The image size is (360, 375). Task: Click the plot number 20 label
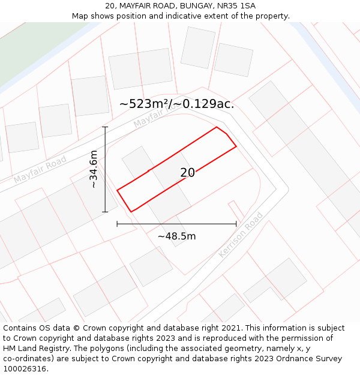click(x=187, y=173)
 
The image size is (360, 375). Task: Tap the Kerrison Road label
click(x=241, y=235)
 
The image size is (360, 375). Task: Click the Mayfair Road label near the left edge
click(x=40, y=170)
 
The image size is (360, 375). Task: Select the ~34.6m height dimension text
click(x=93, y=170)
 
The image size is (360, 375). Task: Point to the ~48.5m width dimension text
click(x=176, y=236)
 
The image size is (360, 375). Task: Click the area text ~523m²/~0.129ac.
click(x=176, y=104)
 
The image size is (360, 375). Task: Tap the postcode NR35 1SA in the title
click(x=234, y=6)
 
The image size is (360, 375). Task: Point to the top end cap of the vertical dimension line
click(x=105, y=127)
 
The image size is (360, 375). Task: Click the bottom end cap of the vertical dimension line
click(x=105, y=212)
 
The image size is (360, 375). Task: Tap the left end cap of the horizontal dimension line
click(x=117, y=224)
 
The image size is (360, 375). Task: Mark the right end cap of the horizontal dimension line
click(x=236, y=224)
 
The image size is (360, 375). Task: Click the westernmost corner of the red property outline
click(x=117, y=190)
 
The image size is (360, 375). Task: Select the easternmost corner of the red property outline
click(x=236, y=146)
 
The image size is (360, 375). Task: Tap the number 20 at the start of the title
click(x=110, y=6)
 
